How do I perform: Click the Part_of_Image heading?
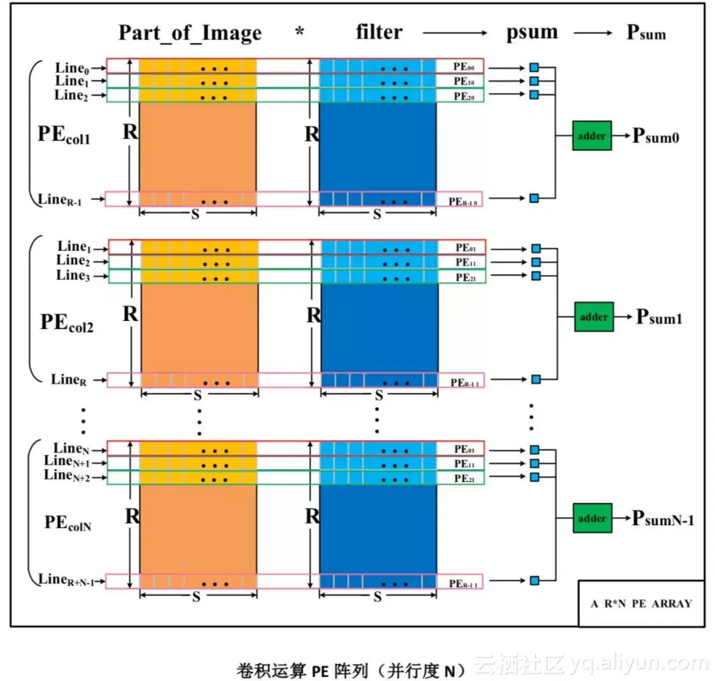click(x=190, y=33)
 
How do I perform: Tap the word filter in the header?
click(x=379, y=32)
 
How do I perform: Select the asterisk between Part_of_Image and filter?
click(x=300, y=32)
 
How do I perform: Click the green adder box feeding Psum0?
click(x=592, y=136)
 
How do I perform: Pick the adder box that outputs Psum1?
click(x=594, y=317)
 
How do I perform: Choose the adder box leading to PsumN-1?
click(x=592, y=518)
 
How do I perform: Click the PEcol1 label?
click(x=64, y=134)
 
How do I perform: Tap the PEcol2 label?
click(x=67, y=322)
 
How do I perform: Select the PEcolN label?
click(x=68, y=522)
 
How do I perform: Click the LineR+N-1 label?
click(x=66, y=580)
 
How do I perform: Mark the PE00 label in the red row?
click(x=464, y=66)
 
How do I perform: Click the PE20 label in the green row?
click(x=464, y=96)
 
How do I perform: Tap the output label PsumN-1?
click(x=663, y=519)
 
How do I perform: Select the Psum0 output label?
click(x=655, y=136)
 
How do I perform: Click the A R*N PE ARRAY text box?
click(x=641, y=603)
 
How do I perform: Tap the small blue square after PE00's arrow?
click(x=534, y=67)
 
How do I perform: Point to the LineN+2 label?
click(x=67, y=476)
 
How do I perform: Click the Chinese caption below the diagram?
click(x=351, y=671)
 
